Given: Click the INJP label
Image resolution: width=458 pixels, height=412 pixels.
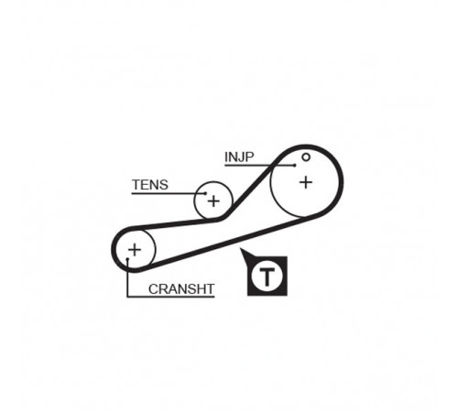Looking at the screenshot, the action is pos(239,157).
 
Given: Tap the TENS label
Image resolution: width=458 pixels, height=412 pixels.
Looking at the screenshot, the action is pos(150,185).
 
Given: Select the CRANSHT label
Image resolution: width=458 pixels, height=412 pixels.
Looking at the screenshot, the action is pos(181,289).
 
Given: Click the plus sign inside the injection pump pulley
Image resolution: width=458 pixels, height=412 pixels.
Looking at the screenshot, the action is pos(306,182).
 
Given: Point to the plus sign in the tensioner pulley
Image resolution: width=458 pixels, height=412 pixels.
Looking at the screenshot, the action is pos(213,201).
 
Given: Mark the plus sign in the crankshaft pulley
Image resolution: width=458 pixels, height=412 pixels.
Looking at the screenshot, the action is pos(135,250).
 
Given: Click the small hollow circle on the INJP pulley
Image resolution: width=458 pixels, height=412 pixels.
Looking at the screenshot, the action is pos(306,157).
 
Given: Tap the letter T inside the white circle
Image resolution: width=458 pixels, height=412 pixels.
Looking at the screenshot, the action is pos(267,276).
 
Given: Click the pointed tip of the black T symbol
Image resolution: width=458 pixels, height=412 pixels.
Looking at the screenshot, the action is pos(241,249).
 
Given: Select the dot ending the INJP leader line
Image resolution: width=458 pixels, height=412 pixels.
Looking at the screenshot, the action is pos(295,166).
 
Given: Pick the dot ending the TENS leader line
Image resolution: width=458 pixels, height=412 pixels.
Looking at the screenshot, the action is pos(206,193).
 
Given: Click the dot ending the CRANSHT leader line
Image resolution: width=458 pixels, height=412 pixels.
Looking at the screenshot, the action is pos(127,259).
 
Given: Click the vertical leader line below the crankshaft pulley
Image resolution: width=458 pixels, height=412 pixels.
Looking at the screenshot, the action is pos(127,278).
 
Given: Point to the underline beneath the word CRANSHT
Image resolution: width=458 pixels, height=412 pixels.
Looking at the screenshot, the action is pos(171,297).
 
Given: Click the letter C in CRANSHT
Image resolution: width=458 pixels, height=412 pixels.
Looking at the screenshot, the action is pos(154,289).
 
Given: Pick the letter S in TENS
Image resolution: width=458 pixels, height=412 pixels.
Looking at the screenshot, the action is pos(163,185).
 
